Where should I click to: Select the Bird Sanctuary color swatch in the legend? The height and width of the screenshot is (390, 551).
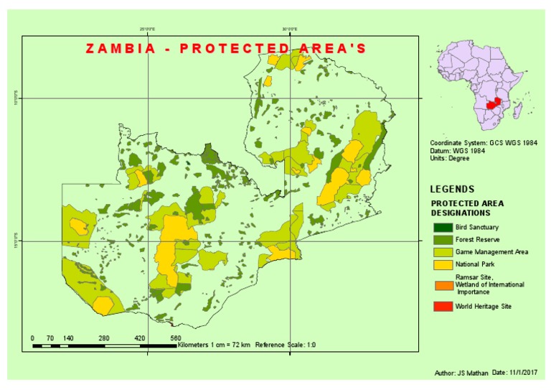pos(443,228)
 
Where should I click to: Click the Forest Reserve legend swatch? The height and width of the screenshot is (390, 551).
pos(443,240)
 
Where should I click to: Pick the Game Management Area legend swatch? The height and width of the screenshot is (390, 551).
pos(443,252)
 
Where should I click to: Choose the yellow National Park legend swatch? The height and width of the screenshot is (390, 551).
pos(443,264)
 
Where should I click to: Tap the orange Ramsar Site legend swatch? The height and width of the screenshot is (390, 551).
pos(443,284)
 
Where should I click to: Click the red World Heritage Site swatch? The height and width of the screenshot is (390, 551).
pos(443,307)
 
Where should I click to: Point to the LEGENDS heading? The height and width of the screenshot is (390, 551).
pos(451,190)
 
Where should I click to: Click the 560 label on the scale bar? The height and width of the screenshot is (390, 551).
pos(175,338)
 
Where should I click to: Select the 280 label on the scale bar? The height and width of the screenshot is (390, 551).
pos(103,338)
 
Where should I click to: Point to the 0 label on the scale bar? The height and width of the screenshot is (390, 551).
pos(33,338)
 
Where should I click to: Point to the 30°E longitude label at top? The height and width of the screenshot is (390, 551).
pos(289,29)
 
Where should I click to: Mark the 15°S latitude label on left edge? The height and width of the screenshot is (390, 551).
pos(16,241)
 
